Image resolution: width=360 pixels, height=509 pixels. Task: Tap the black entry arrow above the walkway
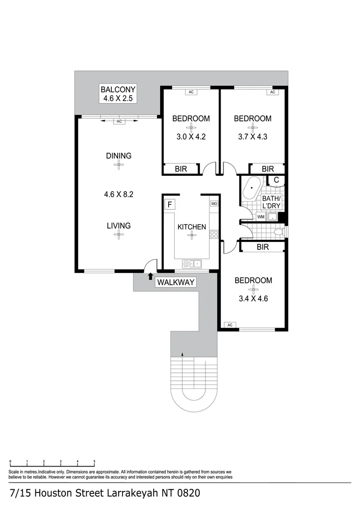[x=150, y=277]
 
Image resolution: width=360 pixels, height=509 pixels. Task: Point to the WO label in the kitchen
[x=214, y=204]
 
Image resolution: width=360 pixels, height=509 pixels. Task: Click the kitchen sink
[x=192, y=264]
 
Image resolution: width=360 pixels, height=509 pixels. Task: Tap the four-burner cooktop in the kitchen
[x=214, y=234]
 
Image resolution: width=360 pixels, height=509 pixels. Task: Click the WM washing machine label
[x=261, y=217]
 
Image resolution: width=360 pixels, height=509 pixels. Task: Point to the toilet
[x=279, y=231]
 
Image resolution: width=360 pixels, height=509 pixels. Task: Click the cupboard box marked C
[x=276, y=180]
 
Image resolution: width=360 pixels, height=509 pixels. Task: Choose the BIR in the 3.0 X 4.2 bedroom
[x=181, y=169]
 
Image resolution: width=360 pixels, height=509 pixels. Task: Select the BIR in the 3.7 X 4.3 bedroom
[x=268, y=169]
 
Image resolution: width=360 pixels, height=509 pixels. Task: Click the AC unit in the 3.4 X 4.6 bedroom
[x=230, y=325]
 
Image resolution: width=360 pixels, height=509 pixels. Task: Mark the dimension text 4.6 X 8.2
[x=118, y=194]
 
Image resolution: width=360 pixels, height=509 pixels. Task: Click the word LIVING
[x=118, y=226]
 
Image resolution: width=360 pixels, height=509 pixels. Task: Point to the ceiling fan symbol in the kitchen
[x=191, y=236]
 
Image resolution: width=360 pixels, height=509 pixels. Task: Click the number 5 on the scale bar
[x=94, y=462]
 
